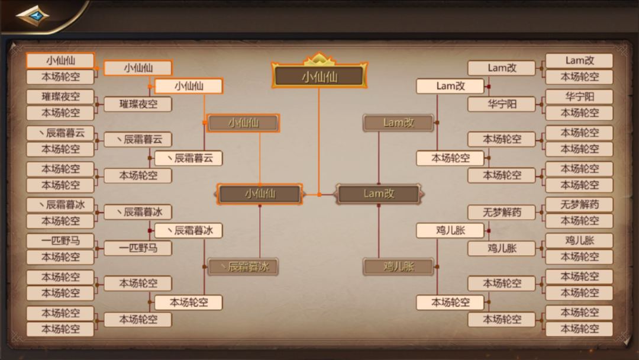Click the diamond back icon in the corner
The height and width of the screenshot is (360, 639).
coord(32,16)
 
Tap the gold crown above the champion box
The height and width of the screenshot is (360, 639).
coord(319,59)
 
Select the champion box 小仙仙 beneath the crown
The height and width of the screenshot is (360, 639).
coord(319,76)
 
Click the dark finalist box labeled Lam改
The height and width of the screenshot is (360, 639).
coord(379,194)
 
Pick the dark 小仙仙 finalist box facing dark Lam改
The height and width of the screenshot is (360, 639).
coord(260,194)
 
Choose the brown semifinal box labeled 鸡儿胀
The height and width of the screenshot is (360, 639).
coord(398,266)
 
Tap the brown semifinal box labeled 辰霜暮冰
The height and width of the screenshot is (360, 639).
coord(243,266)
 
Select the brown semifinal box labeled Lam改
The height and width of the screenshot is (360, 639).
coord(398,123)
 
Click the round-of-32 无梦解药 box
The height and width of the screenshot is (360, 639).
coord(579,205)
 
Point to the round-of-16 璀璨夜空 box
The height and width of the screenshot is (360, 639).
coord(138,104)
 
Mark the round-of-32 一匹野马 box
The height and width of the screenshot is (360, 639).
coord(60,240)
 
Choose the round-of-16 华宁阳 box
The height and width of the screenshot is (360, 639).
coord(501,104)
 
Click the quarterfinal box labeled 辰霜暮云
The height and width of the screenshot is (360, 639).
coord(188,158)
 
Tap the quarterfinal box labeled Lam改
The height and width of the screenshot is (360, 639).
coord(450,86)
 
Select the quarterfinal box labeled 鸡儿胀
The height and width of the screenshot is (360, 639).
coord(450,230)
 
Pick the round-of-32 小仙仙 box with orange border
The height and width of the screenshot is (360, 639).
coord(60,61)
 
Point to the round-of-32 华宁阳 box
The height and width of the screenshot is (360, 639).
coord(579,97)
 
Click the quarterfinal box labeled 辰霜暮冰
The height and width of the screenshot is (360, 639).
coord(188,230)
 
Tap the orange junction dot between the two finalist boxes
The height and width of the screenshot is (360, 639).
coord(319,194)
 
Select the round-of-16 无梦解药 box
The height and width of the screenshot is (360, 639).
coord(501,212)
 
